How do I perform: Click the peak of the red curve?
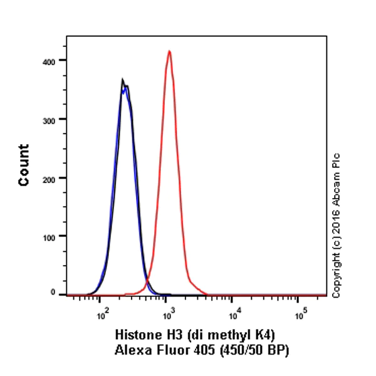coord(169,51)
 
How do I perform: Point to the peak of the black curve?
coord(123,80)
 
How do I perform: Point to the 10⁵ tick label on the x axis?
coord(300,308)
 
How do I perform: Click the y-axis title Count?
coord(24,165)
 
